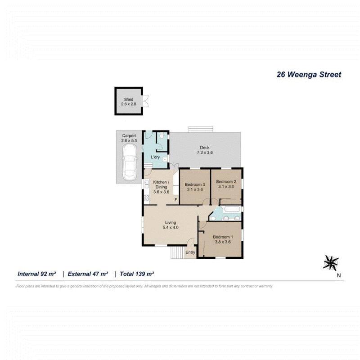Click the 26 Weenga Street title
pyautogui.click(x=309, y=74)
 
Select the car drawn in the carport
pyautogui.click(x=130, y=162)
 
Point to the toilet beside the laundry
pyautogui.click(x=162, y=136)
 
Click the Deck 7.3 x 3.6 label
pyautogui.click(x=205, y=150)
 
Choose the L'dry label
pyautogui.click(x=155, y=157)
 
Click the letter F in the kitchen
pyautogui.click(x=176, y=200)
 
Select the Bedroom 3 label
pyautogui.click(x=195, y=184)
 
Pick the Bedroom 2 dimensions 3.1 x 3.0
pyautogui.click(x=226, y=187)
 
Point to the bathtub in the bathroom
pyautogui.click(x=232, y=209)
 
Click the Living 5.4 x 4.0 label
pyautogui.click(x=171, y=225)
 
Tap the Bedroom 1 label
pyautogui.click(x=223, y=237)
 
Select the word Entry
pyautogui.click(x=190, y=252)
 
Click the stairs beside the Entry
pyautogui.click(x=177, y=252)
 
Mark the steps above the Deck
pyautogui.click(x=201, y=129)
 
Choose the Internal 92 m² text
pyautogui.click(x=37, y=274)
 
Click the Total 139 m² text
pyautogui.click(x=137, y=274)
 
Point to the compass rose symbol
pyautogui.click(x=331, y=263)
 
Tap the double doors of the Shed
pyautogui.click(x=145, y=101)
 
